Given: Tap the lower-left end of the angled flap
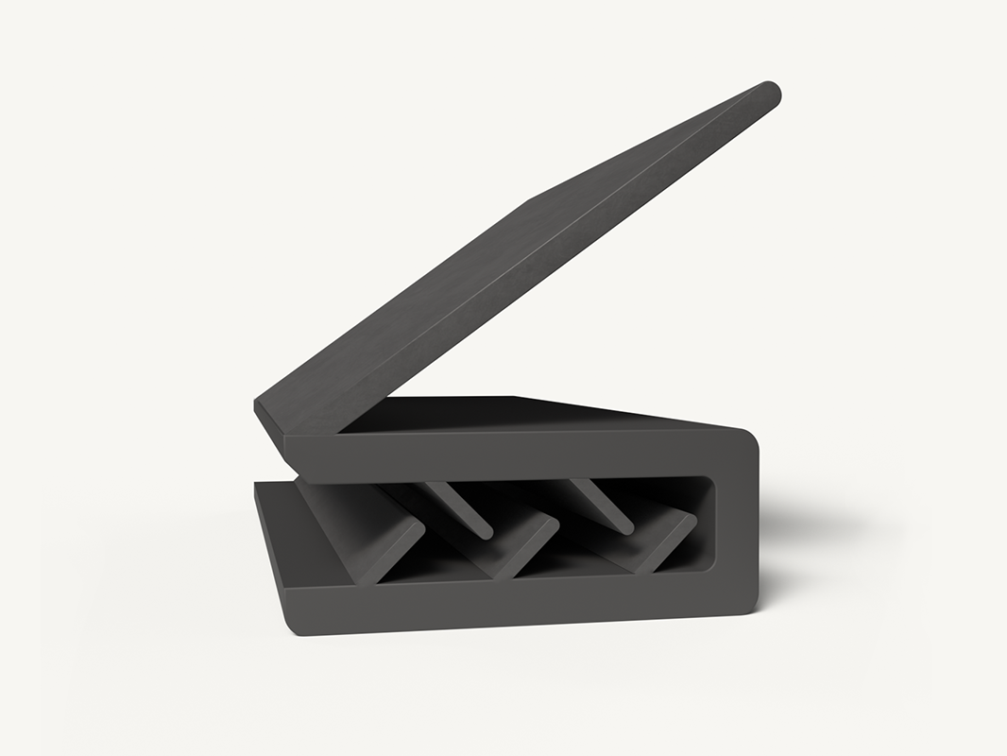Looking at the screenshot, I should [270, 416].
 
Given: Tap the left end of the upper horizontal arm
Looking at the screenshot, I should [291, 455].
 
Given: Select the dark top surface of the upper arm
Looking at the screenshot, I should [529, 414].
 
